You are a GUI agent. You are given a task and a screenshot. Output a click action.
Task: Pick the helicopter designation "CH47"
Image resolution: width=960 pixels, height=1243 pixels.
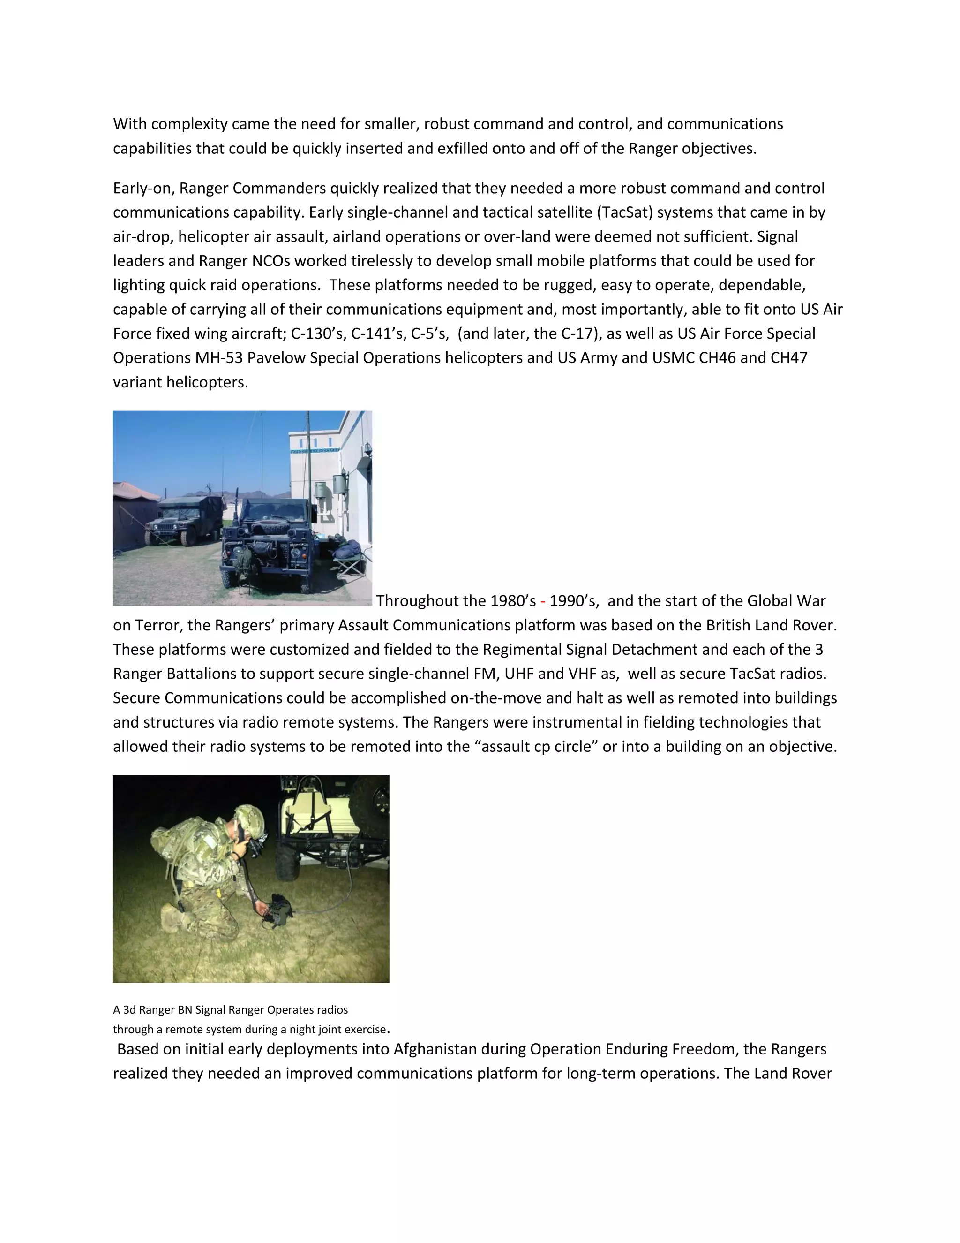[789, 358]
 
